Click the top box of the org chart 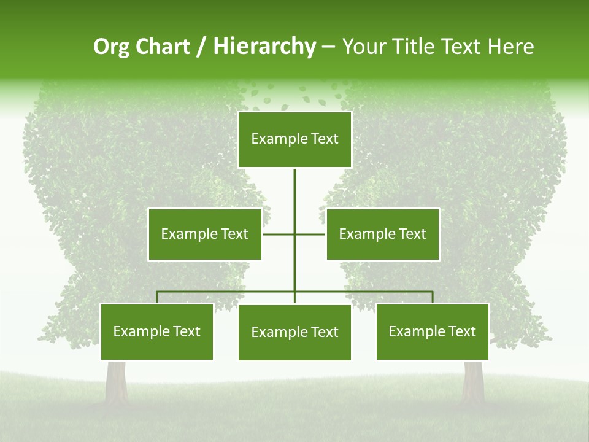coord(294,139)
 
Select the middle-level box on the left coord(205,234)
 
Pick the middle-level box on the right coord(382,234)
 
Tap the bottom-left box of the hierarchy coord(157,331)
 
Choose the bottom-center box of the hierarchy coord(294,332)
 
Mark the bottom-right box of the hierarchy coord(433,331)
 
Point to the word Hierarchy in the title coord(264,47)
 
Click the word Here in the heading coord(510,47)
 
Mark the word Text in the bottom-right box coord(462,331)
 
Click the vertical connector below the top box coord(294,196)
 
